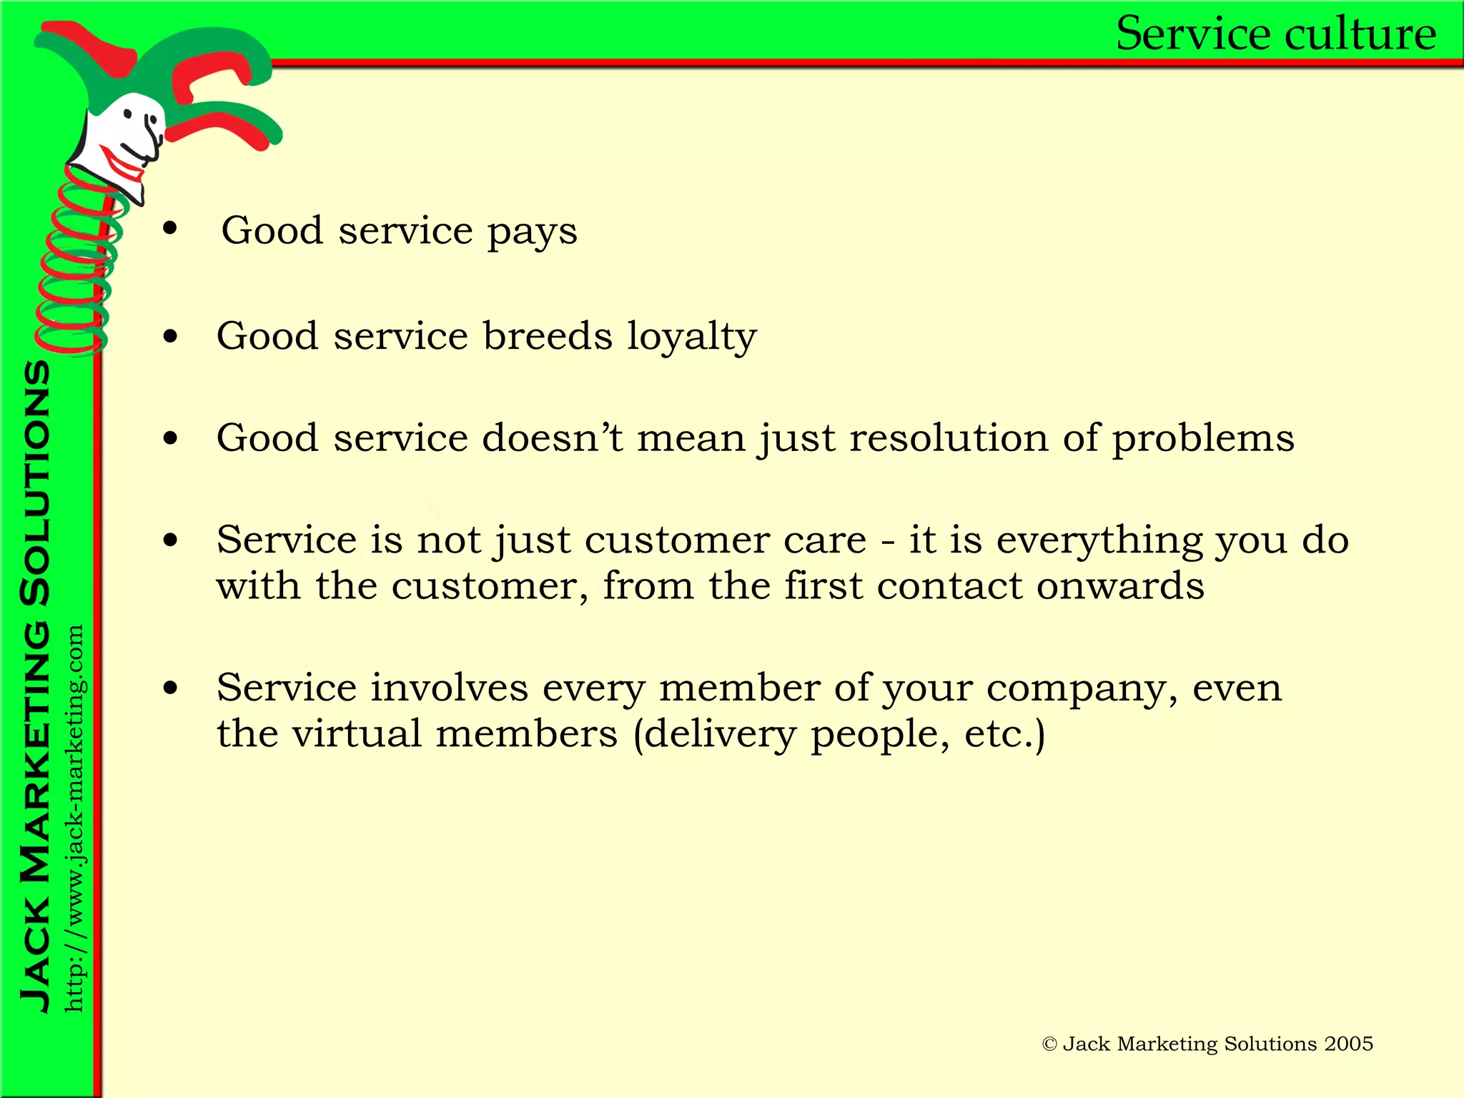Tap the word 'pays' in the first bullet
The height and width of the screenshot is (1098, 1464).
[x=532, y=232]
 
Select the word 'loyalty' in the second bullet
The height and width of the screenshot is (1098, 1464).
[x=691, y=337]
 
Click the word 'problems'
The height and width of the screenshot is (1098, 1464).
[x=1203, y=440]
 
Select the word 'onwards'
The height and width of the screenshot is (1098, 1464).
[x=1120, y=586]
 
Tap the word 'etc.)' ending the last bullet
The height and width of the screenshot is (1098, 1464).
[x=1004, y=735]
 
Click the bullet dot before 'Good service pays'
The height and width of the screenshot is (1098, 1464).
[x=170, y=229]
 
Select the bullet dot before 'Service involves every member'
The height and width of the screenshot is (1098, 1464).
[x=170, y=688]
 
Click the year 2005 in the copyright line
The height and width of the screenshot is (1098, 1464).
[x=1348, y=1044]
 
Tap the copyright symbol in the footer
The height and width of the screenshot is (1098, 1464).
[x=1049, y=1044]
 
